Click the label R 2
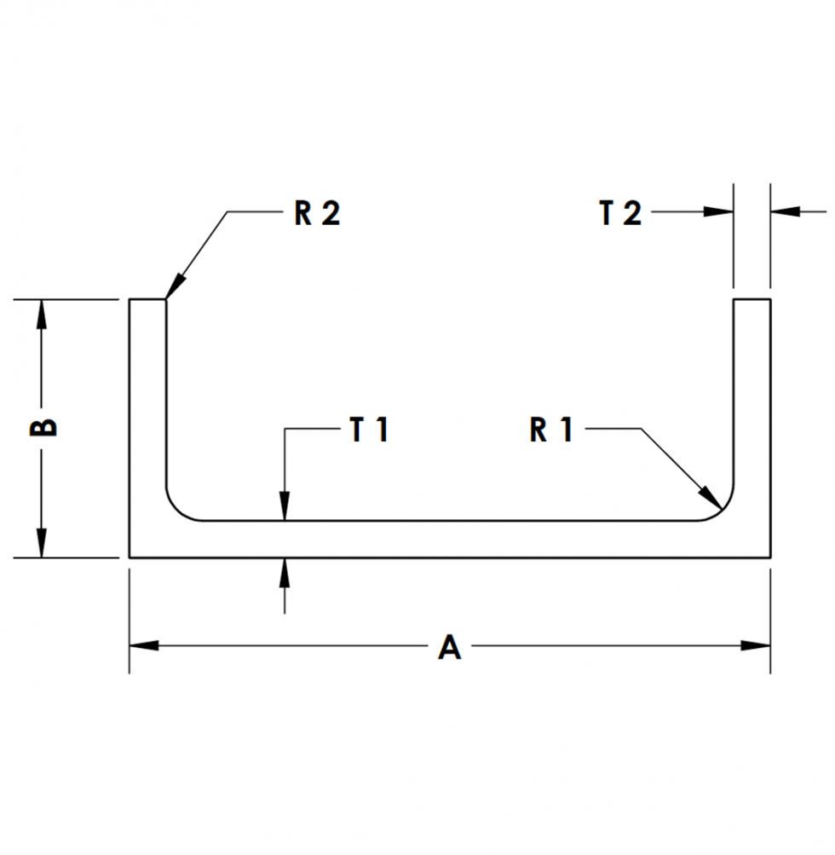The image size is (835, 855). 317,213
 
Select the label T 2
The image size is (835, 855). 620,213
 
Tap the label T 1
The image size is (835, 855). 369,431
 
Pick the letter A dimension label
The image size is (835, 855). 449,648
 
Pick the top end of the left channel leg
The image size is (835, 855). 147,300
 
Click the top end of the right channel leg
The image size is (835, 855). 752,300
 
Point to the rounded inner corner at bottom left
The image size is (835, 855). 176,509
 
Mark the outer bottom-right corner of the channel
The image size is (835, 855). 770,557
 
